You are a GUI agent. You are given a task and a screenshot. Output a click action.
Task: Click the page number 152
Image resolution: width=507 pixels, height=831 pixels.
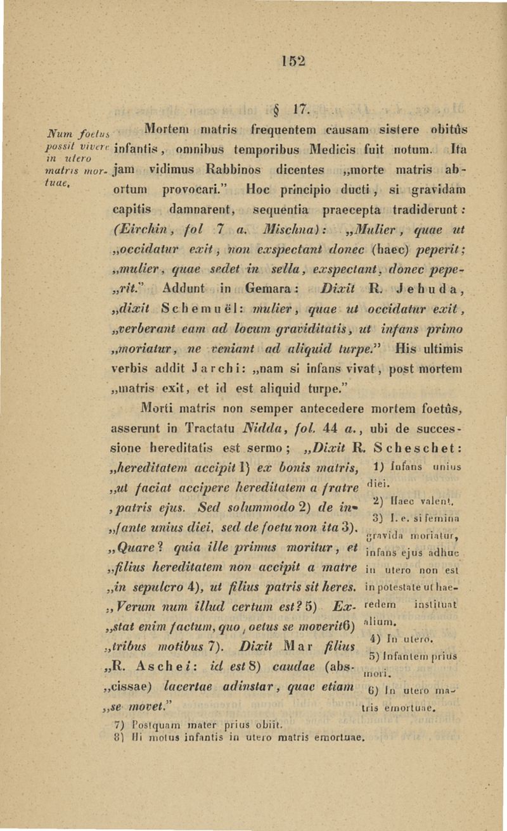click(x=295, y=60)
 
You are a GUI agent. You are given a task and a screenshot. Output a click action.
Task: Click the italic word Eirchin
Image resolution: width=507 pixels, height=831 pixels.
click(x=134, y=227)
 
